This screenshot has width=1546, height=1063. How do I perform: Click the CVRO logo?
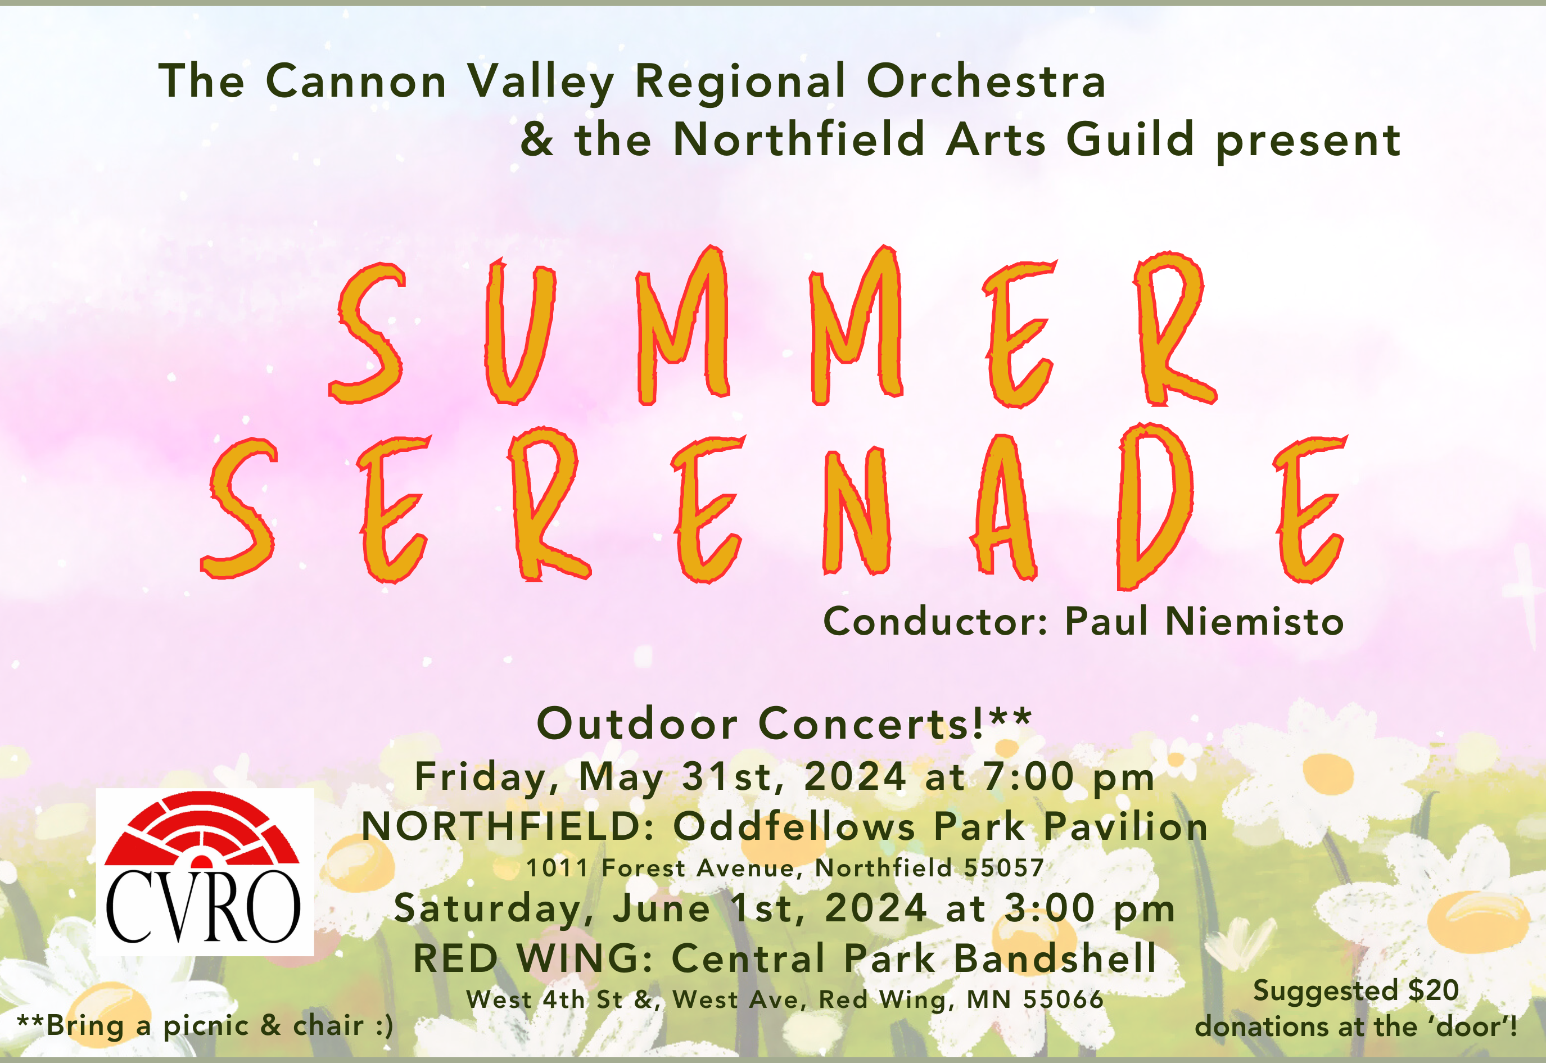[x=205, y=872]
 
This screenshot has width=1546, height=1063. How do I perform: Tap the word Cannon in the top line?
[x=356, y=82]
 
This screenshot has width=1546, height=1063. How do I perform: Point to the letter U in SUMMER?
[x=519, y=331]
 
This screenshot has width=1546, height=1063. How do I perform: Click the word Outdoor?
[x=637, y=723]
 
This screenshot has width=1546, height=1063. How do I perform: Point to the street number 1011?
[x=558, y=869]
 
